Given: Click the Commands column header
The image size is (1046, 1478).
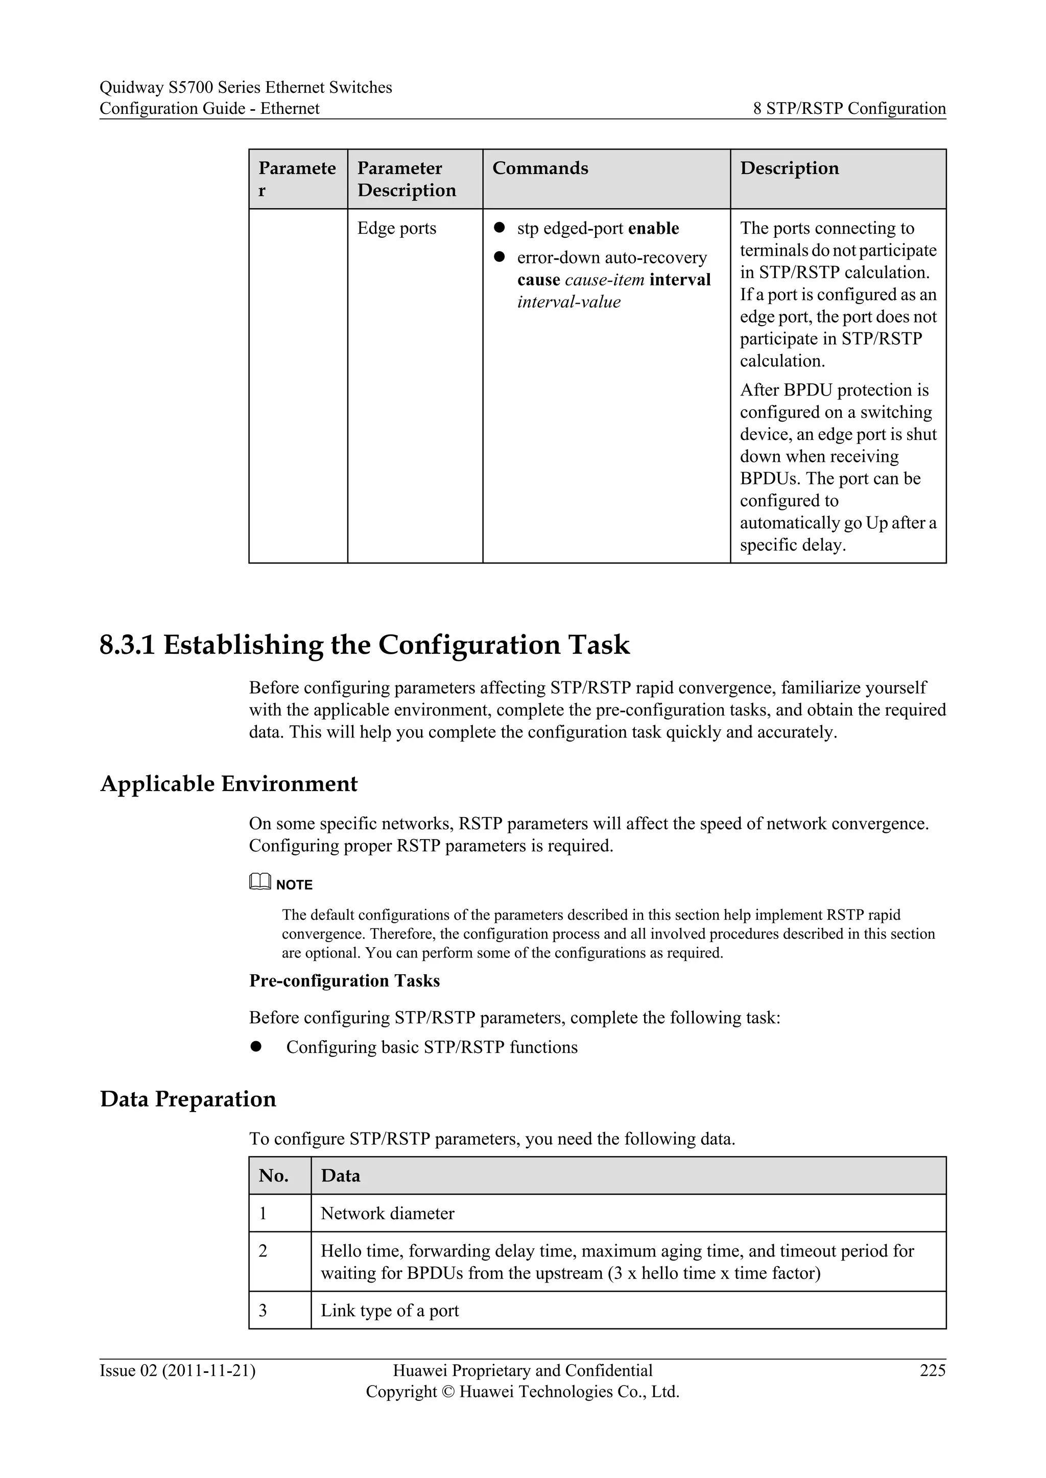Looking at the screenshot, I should tap(540, 168).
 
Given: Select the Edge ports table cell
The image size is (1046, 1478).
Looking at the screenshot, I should tap(397, 229).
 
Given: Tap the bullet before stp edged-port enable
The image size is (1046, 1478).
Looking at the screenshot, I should tap(498, 228).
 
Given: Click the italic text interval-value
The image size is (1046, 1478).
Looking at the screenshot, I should tap(569, 302).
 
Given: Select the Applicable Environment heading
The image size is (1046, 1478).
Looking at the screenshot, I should tap(229, 783).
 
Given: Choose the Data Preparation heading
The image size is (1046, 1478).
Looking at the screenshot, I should tap(188, 1099).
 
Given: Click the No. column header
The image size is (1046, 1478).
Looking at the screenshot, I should tap(273, 1175).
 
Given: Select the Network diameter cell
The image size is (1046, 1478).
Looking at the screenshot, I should tap(387, 1214).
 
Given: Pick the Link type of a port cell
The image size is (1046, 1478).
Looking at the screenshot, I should tap(390, 1311).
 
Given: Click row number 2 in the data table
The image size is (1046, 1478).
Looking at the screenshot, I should tap(263, 1251).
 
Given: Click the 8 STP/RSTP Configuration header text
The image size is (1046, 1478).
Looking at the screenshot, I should tap(849, 108).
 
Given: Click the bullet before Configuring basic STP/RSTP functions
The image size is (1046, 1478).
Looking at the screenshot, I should tap(256, 1047).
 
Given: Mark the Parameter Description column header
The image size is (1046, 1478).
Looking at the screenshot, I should tap(407, 179).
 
